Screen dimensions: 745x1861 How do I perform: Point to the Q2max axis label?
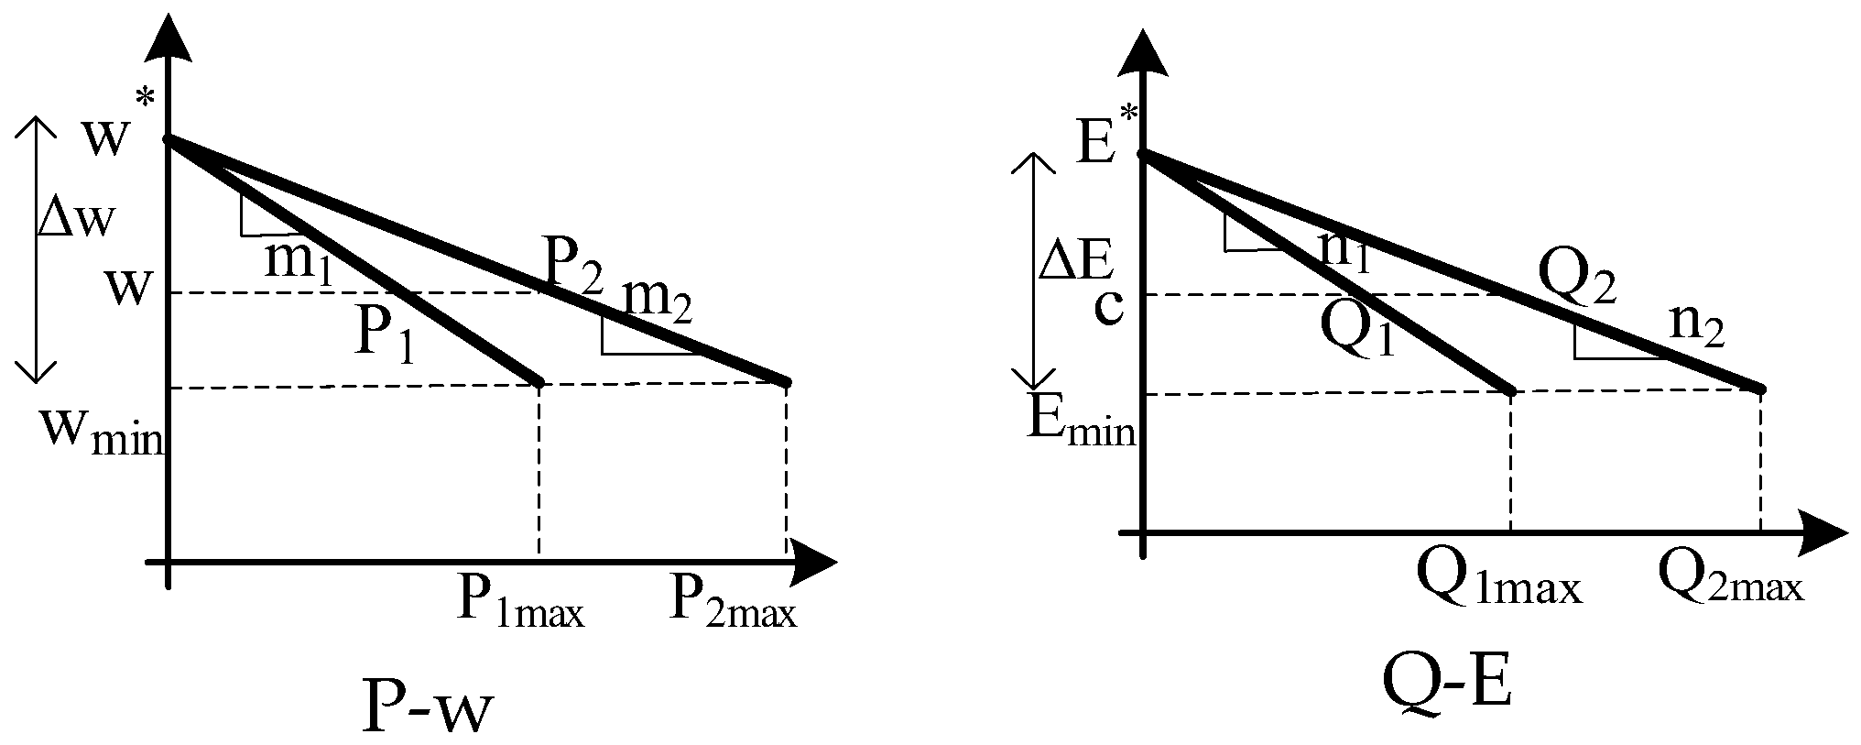click(1730, 579)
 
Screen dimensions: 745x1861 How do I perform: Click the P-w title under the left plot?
click(428, 705)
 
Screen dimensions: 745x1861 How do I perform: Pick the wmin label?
click(100, 428)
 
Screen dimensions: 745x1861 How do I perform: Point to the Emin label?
click(1081, 422)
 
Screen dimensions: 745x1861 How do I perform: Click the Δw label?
click(78, 220)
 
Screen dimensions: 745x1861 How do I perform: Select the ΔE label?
click(1077, 262)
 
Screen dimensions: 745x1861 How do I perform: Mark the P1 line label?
click(384, 335)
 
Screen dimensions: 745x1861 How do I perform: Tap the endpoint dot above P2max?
click(786, 380)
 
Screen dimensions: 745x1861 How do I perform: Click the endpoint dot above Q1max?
click(1510, 391)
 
